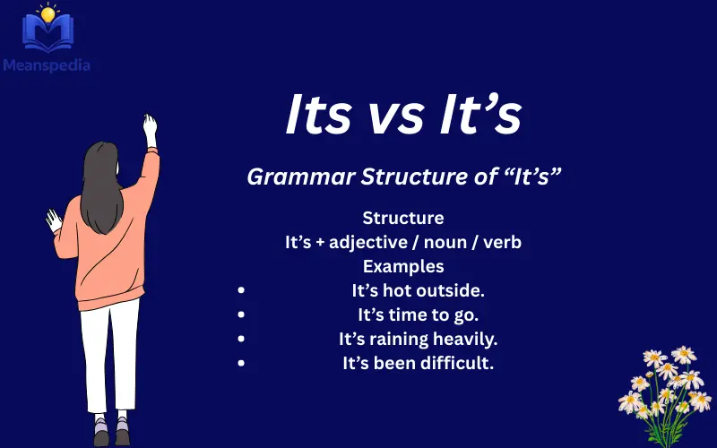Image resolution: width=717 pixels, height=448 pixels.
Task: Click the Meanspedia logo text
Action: pos(46,65)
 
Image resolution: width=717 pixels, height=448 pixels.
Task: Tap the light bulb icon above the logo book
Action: pos(46,13)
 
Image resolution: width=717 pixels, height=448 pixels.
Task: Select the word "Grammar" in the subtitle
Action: pos(300,177)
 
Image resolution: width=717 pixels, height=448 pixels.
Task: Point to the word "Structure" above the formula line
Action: pos(403,218)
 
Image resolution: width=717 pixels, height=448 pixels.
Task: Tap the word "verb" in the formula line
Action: pos(503,242)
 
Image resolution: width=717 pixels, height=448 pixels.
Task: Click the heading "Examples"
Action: pos(403,266)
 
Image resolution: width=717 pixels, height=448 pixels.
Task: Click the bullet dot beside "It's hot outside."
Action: pos(241,290)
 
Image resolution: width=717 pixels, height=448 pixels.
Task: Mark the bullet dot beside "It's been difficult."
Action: pos(241,363)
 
